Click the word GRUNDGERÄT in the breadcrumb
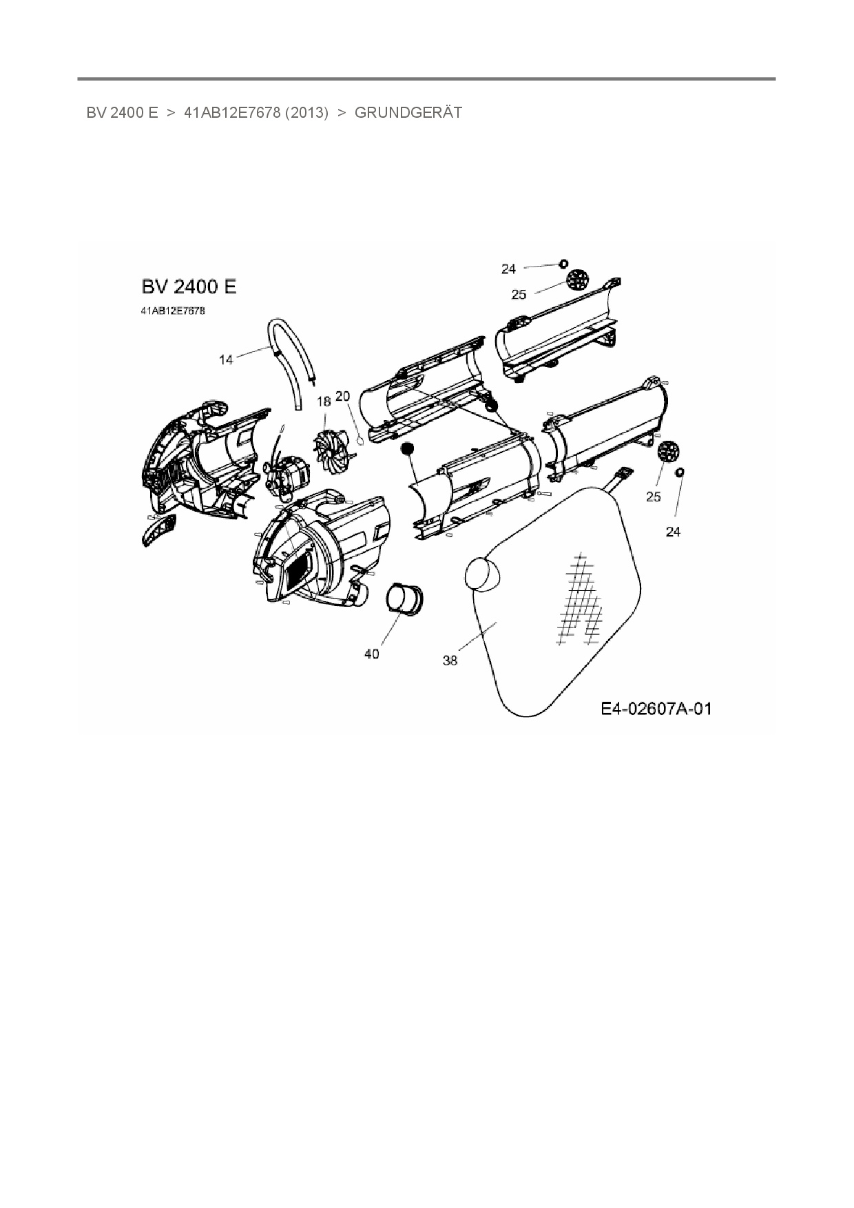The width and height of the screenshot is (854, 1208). pos(408,112)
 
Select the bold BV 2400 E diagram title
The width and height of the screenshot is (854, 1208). pos(188,287)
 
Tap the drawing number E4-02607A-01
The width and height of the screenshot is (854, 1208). pos(656,709)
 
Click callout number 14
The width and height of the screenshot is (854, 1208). pos(226,360)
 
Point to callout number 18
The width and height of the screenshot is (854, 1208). pos(324,401)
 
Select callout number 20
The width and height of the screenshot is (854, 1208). pos(343,397)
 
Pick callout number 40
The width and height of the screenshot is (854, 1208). pos(371,654)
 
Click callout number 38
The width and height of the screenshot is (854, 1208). pos(450,660)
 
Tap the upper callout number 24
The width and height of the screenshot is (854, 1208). pos(508,269)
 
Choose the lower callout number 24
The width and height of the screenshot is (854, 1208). pos(673,532)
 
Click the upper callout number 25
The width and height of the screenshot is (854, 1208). pos(519,295)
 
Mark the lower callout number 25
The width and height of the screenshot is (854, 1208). pos(654,497)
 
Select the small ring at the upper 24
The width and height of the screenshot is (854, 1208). pos(563,263)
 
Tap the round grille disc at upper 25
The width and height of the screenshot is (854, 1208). pos(578,280)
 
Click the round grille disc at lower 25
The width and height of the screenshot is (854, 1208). pos(668,452)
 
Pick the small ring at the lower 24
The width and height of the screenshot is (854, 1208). pos(680,472)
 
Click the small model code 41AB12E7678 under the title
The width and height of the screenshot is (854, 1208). pos(172,311)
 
